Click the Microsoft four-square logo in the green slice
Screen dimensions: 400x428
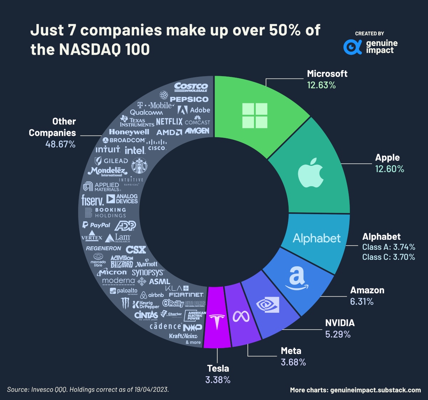coord(254,115)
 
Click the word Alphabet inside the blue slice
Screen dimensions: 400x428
coord(317,238)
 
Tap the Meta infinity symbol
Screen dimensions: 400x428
coord(243,316)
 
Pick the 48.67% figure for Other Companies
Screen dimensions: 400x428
coord(60,144)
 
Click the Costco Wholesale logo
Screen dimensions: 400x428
coord(191,88)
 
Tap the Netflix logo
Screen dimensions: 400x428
coord(169,122)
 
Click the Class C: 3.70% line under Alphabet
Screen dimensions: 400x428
coord(388,257)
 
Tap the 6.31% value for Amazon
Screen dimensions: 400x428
coord(362,302)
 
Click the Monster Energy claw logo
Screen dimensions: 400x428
coord(125,303)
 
